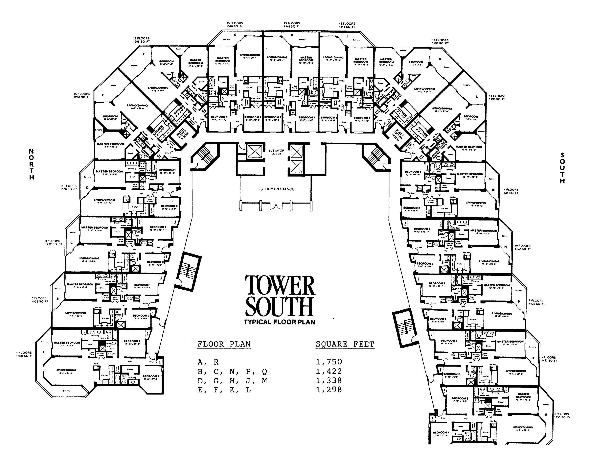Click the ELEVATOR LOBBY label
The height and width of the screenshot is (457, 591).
coord(276,152)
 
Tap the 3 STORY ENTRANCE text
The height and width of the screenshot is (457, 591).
coord(276,189)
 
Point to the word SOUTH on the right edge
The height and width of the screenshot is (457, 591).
coord(562,168)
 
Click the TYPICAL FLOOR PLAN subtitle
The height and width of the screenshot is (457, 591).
coord(279,322)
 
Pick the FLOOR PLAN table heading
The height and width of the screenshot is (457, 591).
coord(224,344)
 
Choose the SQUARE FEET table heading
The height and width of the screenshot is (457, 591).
coord(345,344)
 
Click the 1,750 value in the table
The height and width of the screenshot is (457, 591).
coord(329,362)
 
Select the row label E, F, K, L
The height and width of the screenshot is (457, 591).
coord(224,390)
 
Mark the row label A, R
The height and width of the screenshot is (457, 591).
coord(208,362)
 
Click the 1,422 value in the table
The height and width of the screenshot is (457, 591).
coord(329,372)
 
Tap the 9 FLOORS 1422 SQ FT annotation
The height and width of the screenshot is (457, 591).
coord(54,243)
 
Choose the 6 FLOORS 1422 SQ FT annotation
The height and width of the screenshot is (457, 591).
coord(40,300)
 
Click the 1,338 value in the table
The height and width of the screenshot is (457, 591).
coord(329,381)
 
